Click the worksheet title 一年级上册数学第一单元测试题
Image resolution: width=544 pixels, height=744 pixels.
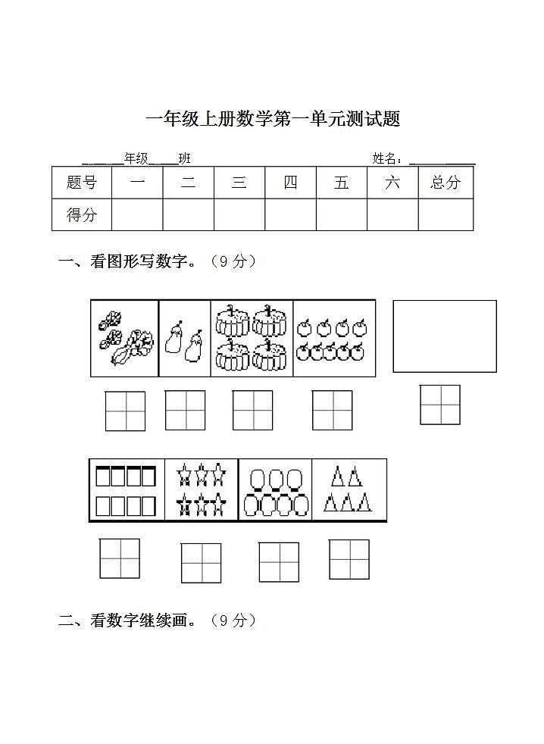(272, 119)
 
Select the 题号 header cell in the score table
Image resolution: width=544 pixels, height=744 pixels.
(82, 183)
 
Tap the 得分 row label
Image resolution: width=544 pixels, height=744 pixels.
(82, 214)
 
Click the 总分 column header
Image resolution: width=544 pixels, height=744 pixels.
(446, 183)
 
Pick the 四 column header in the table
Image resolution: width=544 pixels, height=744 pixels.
(290, 183)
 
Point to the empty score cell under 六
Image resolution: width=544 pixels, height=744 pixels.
(392, 214)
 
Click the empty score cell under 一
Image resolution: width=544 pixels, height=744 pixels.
(137, 214)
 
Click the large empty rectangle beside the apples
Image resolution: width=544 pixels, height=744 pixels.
(445, 336)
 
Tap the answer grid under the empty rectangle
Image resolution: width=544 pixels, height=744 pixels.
(440, 405)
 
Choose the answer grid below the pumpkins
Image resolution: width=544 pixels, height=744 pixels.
(252, 410)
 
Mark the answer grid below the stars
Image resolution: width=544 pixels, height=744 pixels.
(201, 563)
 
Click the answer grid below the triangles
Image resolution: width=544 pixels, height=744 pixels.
(349, 559)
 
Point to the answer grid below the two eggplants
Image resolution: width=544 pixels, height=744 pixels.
(185, 410)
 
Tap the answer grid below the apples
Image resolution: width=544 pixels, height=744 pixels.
(333, 410)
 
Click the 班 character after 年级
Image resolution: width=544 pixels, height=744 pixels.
(185, 158)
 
